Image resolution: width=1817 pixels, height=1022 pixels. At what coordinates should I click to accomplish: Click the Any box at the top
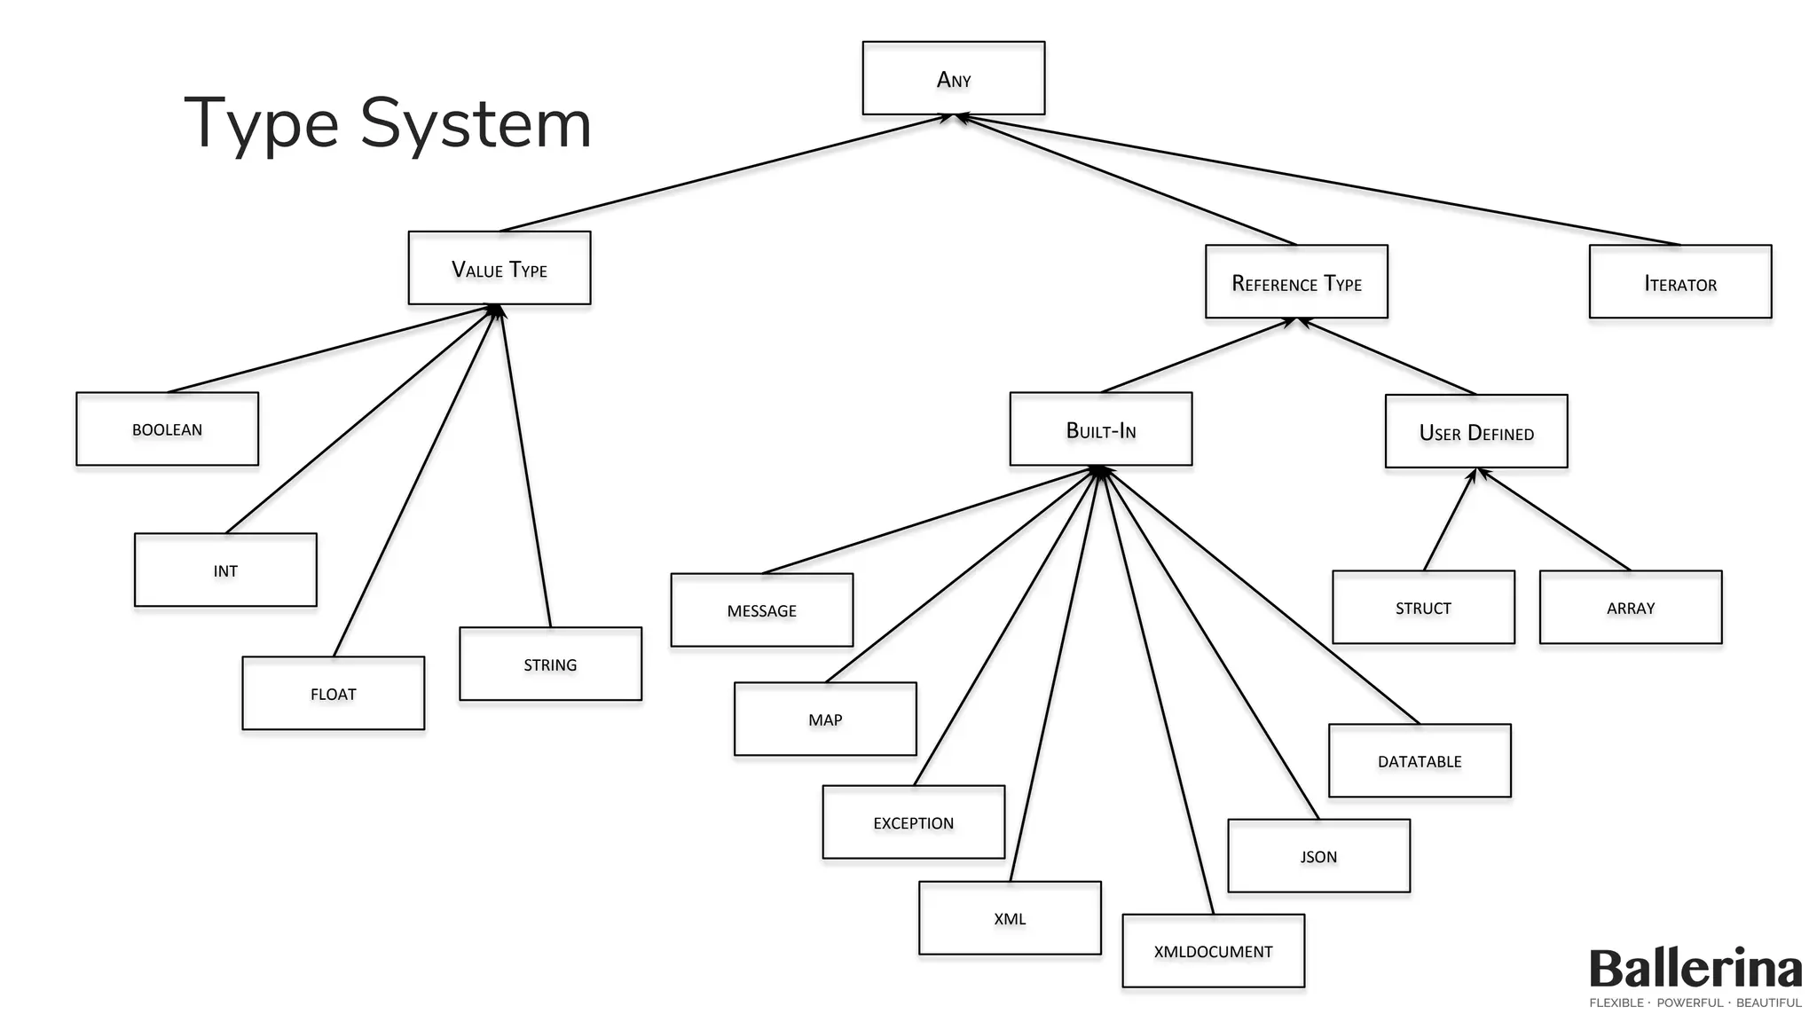(953, 78)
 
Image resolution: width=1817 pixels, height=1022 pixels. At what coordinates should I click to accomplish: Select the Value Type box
(499, 268)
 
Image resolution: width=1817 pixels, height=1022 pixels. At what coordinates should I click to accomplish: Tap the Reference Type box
(1295, 282)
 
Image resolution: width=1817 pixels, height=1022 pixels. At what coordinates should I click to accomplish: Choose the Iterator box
(1679, 282)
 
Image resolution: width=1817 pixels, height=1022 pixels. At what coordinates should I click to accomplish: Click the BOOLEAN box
(167, 429)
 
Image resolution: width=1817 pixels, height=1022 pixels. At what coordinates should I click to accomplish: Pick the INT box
(225, 570)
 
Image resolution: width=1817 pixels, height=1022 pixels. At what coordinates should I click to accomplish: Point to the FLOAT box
(333, 694)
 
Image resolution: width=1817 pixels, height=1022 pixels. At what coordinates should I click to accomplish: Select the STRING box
(550, 664)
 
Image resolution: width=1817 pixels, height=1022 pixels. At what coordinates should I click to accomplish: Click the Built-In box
(1100, 429)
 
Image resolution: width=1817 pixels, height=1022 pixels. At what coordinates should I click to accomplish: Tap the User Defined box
(1475, 432)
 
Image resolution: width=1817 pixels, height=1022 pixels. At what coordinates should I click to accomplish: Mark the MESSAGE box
(761, 610)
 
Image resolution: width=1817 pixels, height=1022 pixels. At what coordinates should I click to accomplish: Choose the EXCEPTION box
(913, 822)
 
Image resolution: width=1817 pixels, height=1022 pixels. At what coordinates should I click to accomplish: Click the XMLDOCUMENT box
(1213, 951)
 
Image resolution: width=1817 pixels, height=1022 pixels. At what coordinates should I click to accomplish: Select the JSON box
(1318, 856)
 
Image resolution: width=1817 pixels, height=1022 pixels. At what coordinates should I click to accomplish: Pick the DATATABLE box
(1419, 761)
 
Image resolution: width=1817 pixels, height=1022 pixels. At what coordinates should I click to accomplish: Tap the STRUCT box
(1423, 608)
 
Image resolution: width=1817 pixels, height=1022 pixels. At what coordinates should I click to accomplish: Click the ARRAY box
(1630, 608)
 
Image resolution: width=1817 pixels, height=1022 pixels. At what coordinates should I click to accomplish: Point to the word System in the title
(476, 124)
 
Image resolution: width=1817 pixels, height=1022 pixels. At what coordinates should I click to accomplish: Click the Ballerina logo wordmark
(1695, 969)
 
